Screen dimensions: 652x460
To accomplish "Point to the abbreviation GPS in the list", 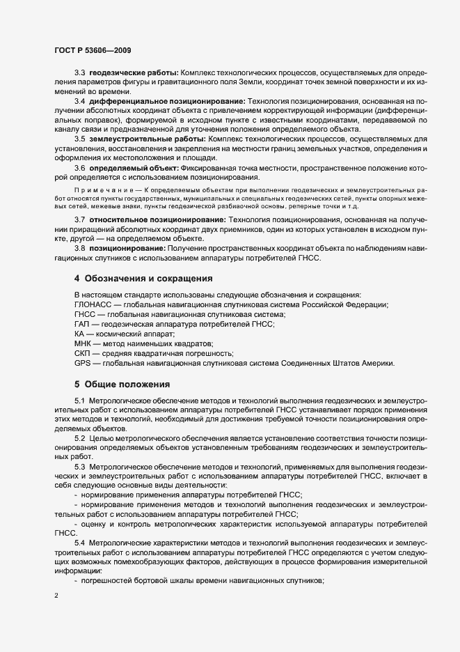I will [x=83, y=363].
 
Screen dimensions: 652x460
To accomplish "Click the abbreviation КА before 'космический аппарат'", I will [x=79, y=334].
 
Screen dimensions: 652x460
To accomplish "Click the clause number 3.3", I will [x=79, y=72].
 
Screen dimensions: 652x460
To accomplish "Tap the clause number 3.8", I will [x=79, y=249].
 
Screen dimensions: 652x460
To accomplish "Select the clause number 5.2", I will [x=79, y=437].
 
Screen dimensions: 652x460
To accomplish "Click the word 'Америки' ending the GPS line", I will [x=376, y=363].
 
